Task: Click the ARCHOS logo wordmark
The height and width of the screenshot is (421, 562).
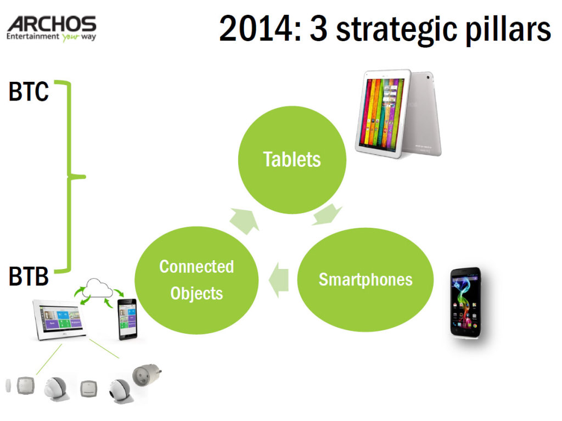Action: pos(52,24)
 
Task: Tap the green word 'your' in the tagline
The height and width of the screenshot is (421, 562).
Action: pos(70,37)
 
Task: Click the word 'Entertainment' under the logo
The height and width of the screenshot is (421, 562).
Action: pos(32,36)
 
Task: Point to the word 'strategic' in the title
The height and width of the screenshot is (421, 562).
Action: pos(396,30)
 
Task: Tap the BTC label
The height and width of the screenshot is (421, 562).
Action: pos(29,92)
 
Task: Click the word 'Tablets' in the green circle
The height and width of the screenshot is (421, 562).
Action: pos(292,159)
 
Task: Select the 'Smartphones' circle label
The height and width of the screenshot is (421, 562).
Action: pos(366,280)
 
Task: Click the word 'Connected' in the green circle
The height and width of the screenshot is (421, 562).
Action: pos(196,266)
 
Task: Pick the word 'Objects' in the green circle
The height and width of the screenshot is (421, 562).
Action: pos(196,293)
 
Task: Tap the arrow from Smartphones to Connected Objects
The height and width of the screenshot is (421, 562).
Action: pos(278,280)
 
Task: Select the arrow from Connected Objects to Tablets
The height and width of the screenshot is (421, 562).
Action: pos(244,221)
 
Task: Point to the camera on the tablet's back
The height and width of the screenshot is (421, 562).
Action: pos(428,77)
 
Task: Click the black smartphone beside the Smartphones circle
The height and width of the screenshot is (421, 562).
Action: pos(466,302)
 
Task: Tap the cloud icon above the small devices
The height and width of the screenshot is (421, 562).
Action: pos(97,288)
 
